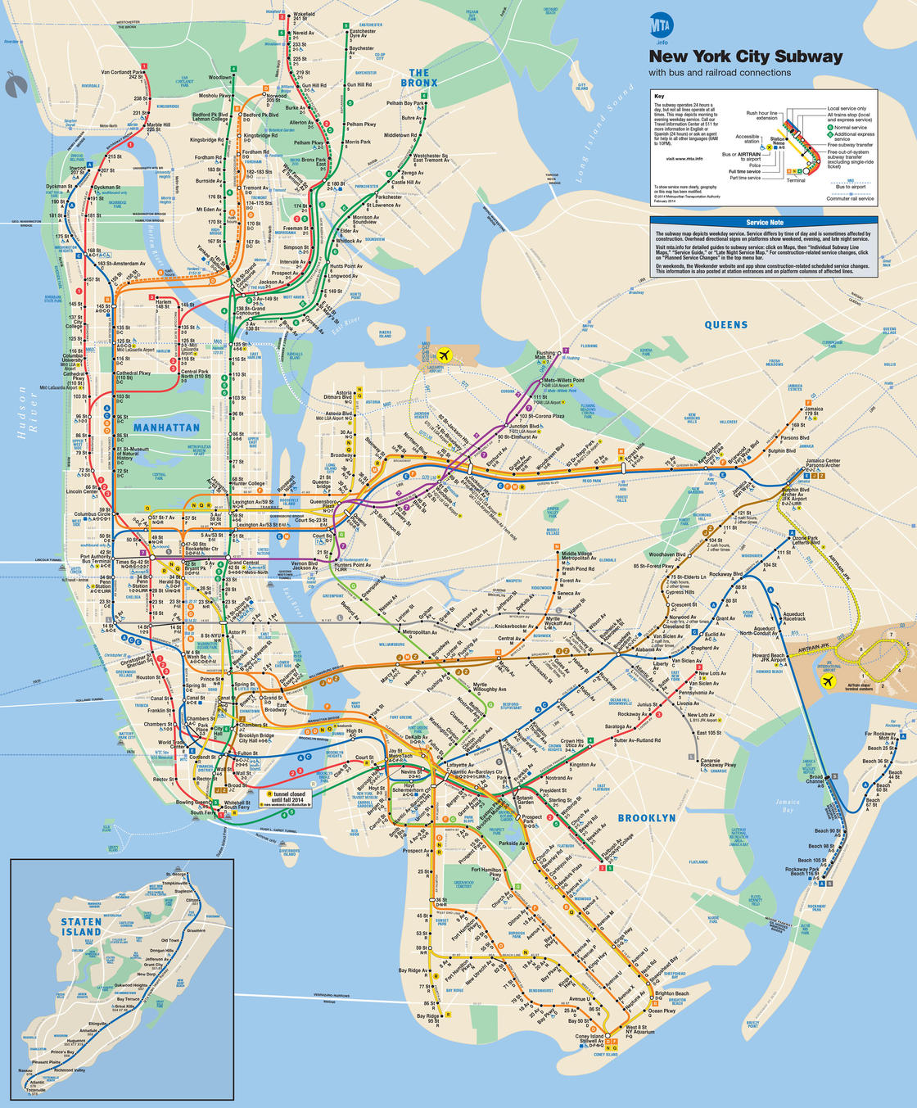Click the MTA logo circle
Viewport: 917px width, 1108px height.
(x=661, y=25)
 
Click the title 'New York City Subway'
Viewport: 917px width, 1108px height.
(x=745, y=57)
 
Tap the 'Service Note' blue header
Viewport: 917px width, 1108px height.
(x=764, y=222)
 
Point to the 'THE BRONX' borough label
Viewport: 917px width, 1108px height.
(x=419, y=78)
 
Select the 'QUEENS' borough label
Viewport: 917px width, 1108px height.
(x=725, y=324)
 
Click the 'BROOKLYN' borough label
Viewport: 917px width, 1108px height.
(x=647, y=818)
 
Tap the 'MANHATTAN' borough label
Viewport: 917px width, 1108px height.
(x=166, y=427)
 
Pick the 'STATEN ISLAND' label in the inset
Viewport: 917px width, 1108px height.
(x=81, y=926)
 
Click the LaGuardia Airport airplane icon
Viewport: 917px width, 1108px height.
(x=445, y=355)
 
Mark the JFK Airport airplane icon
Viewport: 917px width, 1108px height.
(x=829, y=681)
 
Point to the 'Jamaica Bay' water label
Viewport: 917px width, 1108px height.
(x=788, y=806)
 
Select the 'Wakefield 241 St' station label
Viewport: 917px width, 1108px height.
(x=304, y=16)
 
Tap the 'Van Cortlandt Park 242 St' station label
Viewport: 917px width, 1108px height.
(x=123, y=75)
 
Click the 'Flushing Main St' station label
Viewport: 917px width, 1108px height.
(x=544, y=355)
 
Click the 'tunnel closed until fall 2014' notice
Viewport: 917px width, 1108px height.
(x=288, y=797)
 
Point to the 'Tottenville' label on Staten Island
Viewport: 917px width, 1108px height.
(x=36, y=1090)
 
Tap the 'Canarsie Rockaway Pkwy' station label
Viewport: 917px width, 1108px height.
(x=718, y=762)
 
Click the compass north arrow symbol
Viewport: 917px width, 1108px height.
(x=14, y=84)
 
